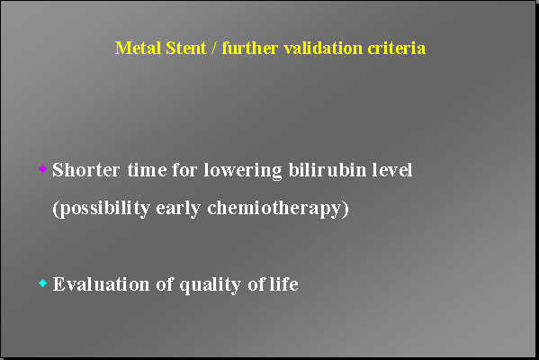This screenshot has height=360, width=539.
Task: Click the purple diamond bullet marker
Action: click(x=42, y=168)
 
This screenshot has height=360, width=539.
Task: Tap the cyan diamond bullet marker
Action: click(x=42, y=283)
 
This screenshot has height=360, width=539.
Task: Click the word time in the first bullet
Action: click(x=145, y=170)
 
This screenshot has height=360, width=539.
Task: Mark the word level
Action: click(x=392, y=170)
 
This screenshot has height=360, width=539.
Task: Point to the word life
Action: click(x=283, y=285)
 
